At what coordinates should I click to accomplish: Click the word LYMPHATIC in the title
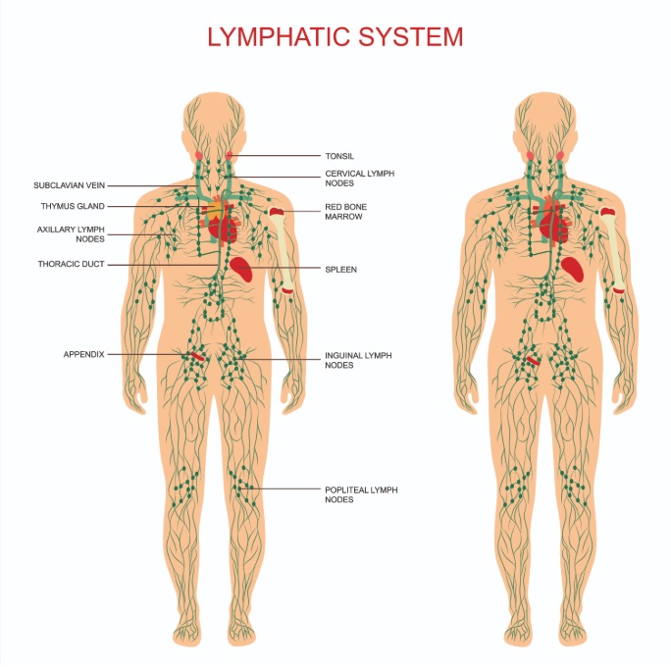pyautogui.click(x=279, y=37)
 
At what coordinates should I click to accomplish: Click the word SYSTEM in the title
pyautogui.click(x=411, y=37)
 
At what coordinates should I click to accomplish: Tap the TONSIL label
pyautogui.click(x=339, y=156)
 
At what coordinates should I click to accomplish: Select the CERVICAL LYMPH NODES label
pyautogui.click(x=359, y=179)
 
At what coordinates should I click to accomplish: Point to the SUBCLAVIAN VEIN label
pyautogui.click(x=70, y=185)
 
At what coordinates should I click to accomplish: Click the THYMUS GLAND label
pyautogui.click(x=73, y=206)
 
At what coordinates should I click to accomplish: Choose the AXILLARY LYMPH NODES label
pyautogui.click(x=71, y=234)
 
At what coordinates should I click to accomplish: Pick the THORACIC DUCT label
pyautogui.click(x=71, y=264)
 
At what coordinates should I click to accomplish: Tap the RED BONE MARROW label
pyautogui.click(x=345, y=212)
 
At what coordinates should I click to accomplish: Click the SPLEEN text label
pyautogui.click(x=340, y=270)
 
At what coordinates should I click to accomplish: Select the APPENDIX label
pyautogui.click(x=84, y=354)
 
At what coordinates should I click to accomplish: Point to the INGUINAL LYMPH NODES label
pyautogui.click(x=358, y=360)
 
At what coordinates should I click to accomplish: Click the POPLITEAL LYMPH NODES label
pyautogui.click(x=361, y=494)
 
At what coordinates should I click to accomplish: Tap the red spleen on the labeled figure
pyautogui.click(x=241, y=269)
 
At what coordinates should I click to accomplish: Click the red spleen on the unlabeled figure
pyautogui.click(x=573, y=270)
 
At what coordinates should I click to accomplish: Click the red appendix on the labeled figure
pyautogui.click(x=197, y=356)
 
